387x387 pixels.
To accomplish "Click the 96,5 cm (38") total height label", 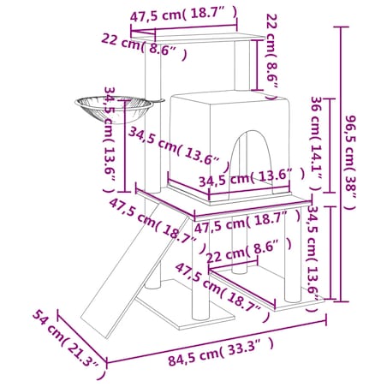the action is point(351,162).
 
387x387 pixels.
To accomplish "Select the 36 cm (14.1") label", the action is point(317,144).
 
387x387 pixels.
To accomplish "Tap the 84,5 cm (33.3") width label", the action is point(220,352).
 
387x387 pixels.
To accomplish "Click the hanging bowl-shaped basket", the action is point(114,109).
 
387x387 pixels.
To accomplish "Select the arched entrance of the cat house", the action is point(251,160).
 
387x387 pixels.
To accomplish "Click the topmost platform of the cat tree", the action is point(198,38).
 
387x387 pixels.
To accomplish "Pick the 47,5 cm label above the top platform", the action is point(183,14).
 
